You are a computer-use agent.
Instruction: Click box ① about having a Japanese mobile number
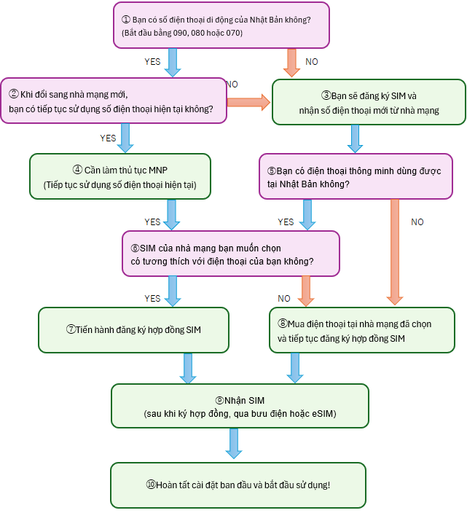point(221,26)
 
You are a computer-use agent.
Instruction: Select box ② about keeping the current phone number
point(114,101)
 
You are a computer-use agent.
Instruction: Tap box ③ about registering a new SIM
point(368,102)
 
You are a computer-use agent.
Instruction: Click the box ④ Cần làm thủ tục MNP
point(120,176)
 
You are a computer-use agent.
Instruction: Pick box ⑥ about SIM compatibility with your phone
point(230,254)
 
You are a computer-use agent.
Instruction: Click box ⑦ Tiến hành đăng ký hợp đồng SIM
point(133,329)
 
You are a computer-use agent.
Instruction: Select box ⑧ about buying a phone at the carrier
point(361,329)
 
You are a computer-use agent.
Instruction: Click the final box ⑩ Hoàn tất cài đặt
point(238,485)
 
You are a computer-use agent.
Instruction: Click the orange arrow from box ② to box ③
point(248,101)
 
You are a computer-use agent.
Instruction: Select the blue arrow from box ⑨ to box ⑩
point(233,443)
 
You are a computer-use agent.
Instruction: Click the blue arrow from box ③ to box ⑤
point(356,138)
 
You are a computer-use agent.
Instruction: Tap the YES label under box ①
point(152,62)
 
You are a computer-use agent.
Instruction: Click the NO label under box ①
point(312,62)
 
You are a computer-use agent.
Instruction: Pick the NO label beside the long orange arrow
point(417,222)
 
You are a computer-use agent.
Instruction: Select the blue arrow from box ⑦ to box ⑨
point(189,368)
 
